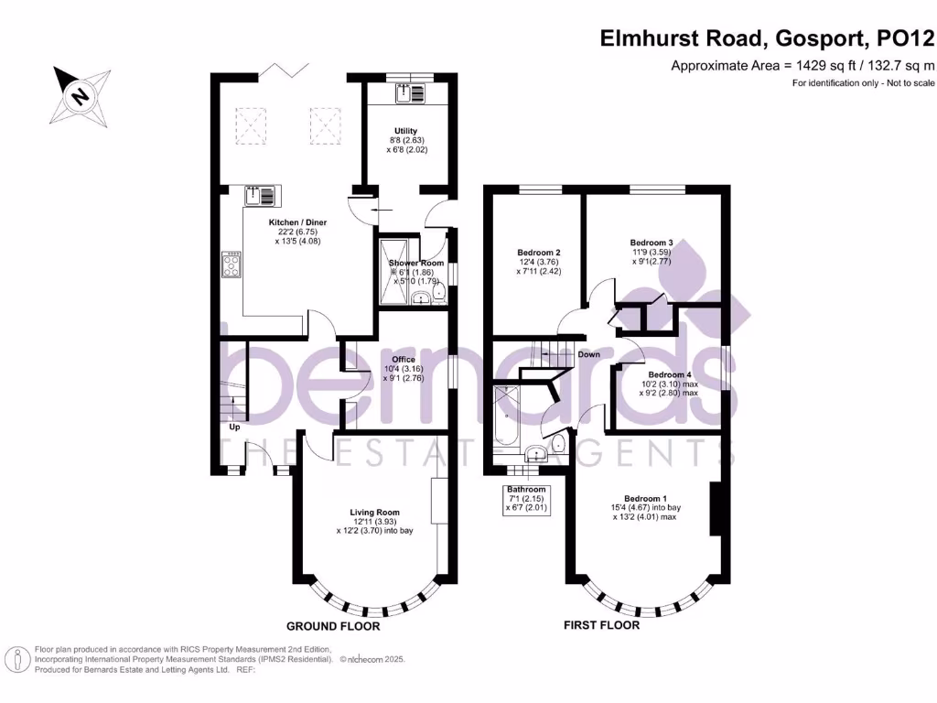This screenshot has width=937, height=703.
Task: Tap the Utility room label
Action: point(406,131)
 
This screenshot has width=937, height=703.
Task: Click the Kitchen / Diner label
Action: point(297,222)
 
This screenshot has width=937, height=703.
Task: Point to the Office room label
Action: point(403,360)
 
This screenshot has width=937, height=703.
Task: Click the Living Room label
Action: point(375,513)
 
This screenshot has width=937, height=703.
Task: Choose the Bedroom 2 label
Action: point(538,253)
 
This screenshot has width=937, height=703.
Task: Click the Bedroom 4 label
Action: point(669,375)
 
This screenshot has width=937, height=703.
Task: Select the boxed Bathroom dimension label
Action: point(527,500)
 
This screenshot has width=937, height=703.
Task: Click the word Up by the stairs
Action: point(235,427)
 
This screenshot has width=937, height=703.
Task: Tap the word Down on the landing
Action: point(588,354)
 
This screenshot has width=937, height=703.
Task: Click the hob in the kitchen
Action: point(232,265)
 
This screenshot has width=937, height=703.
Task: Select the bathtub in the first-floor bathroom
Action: point(506,416)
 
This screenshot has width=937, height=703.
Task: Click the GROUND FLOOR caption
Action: point(333,627)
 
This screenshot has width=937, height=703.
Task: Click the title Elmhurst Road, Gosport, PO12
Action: point(768,38)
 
